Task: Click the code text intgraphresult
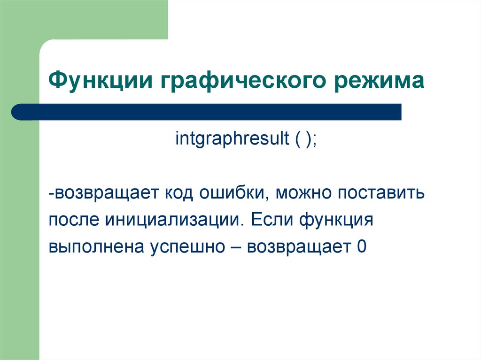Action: coord(232,138)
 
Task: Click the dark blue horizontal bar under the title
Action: coord(207,112)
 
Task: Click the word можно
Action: coord(303,194)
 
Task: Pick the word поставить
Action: coord(381,194)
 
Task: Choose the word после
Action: coord(74,220)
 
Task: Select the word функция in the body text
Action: coord(336,221)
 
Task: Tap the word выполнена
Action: coord(96,247)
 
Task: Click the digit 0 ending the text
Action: coord(362,246)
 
